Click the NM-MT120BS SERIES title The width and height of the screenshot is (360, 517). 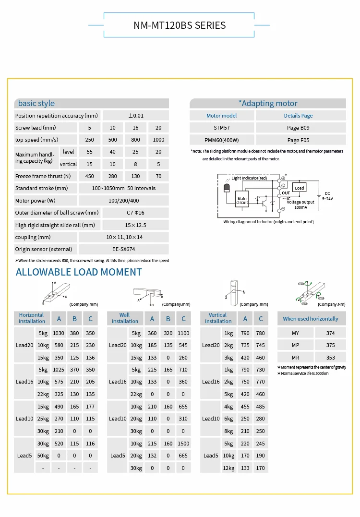point(180,25)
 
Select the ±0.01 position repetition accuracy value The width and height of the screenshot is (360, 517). point(136,116)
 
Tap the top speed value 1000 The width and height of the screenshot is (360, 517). point(158,140)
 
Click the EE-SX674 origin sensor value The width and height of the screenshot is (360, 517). point(123,249)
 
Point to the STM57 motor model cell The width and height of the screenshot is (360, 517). point(222,128)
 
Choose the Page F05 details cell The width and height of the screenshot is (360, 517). point(300,140)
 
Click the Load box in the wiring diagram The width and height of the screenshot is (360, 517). point(300,188)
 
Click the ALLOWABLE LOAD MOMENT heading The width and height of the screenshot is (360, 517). point(79,272)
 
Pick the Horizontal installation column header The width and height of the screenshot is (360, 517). point(32,318)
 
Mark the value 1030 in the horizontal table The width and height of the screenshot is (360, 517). point(59,333)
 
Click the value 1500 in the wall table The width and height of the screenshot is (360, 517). point(183,443)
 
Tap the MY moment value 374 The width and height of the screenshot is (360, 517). point(330,333)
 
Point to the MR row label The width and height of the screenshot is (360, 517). point(295,358)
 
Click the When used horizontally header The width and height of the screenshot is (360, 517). point(311,319)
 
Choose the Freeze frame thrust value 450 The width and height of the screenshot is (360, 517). point(90,176)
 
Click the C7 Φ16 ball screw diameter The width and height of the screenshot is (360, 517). point(123,213)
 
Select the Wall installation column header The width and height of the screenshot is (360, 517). point(125,318)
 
